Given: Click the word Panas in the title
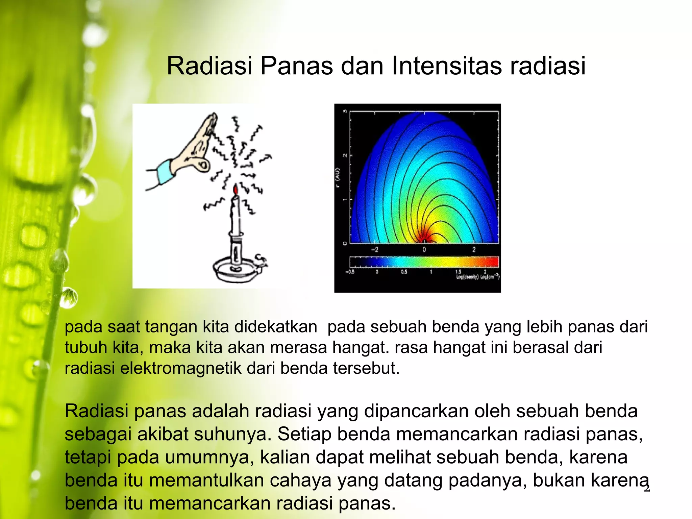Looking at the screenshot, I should pyautogui.click(x=296, y=66).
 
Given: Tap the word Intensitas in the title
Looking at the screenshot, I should pyautogui.click(x=447, y=66).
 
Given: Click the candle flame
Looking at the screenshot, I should pyautogui.click(x=236, y=190).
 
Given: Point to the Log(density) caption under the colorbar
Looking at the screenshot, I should pyautogui.click(x=467, y=277).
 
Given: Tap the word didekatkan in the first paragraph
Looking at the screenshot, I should pyautogui.click(x=275, y=327).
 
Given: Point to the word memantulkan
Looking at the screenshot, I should pyautogui.click(x=206, y=480).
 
